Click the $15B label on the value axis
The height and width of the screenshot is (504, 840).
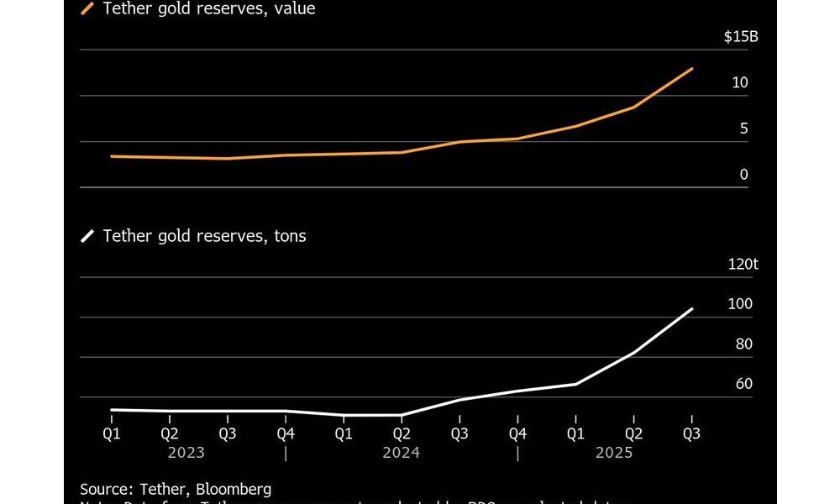(x=740, y=37)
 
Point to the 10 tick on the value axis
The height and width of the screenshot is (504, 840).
(x=739, y=83)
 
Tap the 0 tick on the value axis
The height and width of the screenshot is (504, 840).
(x=743, y=175)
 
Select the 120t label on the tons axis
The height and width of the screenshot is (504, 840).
(x=743, y=264)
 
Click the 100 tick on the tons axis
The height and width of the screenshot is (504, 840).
(x=739, y=304)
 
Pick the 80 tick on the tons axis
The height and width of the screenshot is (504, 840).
(x=743, y=344)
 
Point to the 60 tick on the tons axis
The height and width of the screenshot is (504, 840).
(x=743, y=384)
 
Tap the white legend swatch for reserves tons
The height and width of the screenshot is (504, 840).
(x=87, y=236)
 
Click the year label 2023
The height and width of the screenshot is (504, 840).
(x=186, y=453)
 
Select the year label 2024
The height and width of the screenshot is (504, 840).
(x=401, y=453)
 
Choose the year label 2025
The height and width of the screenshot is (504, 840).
(x=613, y=453)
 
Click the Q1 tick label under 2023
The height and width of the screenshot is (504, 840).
(x=112, y=433)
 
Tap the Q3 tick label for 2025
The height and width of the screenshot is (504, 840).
(x=691, y=433)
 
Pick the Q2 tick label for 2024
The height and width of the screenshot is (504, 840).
(x=402, y=433)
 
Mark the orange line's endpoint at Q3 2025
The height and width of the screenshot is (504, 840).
(x=692, y=69)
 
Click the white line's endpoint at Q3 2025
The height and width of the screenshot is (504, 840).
(x=692, y=309)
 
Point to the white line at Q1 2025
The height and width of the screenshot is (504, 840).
(x=575, y=384)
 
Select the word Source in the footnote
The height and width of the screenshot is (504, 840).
(x=103, y=489)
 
